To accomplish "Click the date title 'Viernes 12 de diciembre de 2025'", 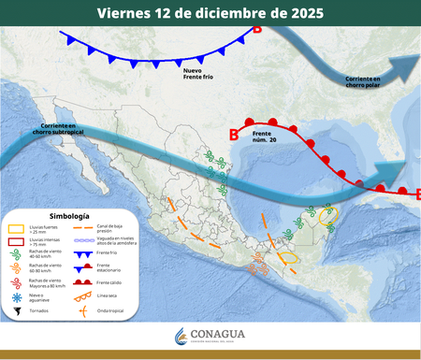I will (x=210, y=13).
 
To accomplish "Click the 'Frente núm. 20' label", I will (x=265, y=138).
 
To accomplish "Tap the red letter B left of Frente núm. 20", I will (x=234, y=135).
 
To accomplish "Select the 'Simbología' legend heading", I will (x=69, y=216).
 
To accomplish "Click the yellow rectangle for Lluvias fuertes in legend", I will (x=16, y=228).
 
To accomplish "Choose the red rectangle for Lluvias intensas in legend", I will (x=16, y=241).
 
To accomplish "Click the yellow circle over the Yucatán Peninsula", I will (x=327, y=217).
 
